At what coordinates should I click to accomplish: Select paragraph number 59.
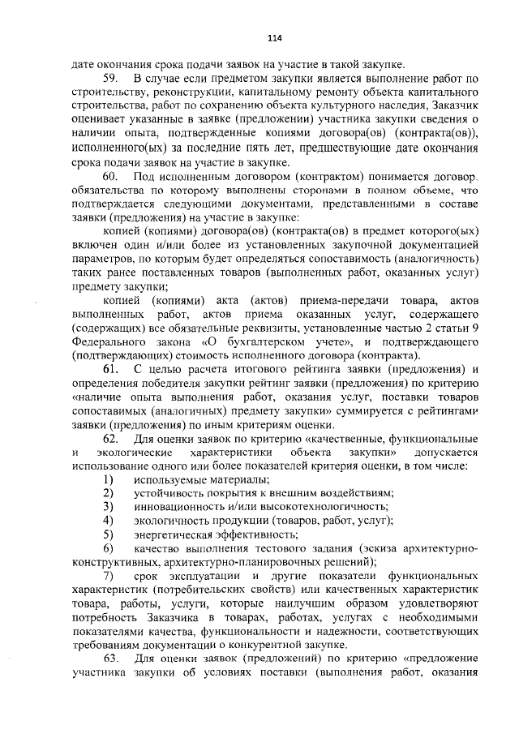111,78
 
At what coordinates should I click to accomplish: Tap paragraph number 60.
111,176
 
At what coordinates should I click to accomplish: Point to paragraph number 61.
111,371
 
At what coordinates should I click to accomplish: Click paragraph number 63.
111,679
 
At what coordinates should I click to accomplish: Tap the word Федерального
109,342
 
